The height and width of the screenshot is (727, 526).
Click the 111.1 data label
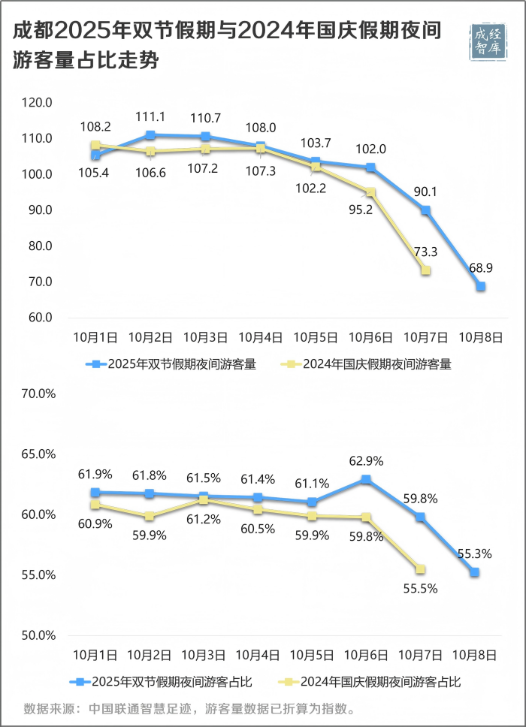coord(150,116)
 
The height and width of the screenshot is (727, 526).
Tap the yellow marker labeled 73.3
coord(425,270)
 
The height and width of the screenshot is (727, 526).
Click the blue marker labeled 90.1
coord(426,210)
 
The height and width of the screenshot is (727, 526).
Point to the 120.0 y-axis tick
coord(37,102)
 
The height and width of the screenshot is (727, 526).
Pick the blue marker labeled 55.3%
coord(475,572)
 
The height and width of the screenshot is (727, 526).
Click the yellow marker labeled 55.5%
coord(421,569)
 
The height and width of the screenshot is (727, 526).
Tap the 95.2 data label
coord(361,210)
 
